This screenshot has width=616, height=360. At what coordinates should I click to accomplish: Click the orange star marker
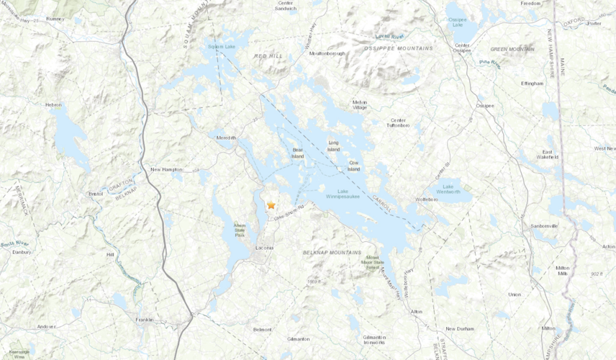pos(271,205)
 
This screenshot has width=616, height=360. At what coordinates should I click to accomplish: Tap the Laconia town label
pos(264,248)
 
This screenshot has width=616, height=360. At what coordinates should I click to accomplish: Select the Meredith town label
pos(227,136)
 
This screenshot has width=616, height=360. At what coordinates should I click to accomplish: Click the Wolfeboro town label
pos(426,199)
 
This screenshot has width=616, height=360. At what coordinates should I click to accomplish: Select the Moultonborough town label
pos(327,53)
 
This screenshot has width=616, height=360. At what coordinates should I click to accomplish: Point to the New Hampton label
pos(166,170)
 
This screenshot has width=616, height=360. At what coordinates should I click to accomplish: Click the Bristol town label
pos(96,194)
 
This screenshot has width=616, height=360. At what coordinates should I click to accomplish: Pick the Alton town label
pos(416,311)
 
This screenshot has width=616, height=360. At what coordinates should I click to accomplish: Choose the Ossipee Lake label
pos(456,22)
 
